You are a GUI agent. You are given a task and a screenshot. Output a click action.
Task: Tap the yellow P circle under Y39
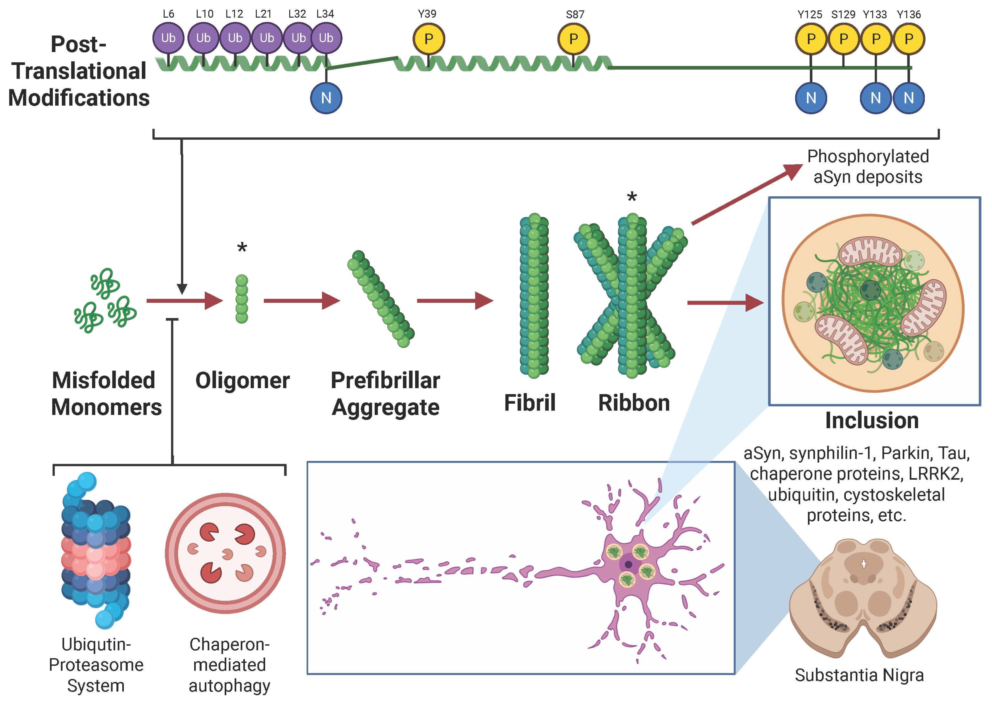[x=429, y=39]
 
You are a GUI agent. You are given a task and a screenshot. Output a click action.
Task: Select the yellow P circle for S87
[x=573, y=39]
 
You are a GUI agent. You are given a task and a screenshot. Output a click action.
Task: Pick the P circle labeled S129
[x=843, y=39]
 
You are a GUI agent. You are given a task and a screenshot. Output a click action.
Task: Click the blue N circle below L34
[x=326, y=98]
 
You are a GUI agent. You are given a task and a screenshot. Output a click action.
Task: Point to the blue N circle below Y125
[x=811, y=98]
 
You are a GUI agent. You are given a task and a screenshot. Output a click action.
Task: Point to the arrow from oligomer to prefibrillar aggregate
[x=302, y=301]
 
